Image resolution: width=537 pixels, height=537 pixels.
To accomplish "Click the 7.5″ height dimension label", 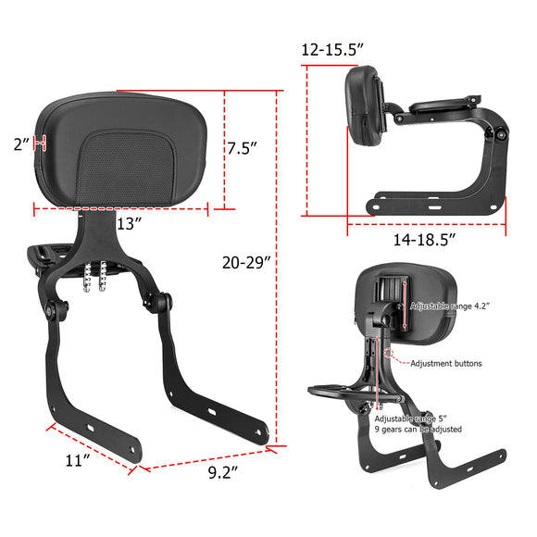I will point(243,148).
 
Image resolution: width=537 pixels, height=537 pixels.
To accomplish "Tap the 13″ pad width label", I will point(129,223).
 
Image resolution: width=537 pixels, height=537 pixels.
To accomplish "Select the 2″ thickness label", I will point(20,143).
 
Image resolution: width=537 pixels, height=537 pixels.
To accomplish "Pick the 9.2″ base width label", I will point(221,473).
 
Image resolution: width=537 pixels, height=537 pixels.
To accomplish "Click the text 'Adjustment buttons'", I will point(445,364).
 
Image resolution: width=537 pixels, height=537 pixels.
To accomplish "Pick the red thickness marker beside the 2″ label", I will point(38,143).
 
